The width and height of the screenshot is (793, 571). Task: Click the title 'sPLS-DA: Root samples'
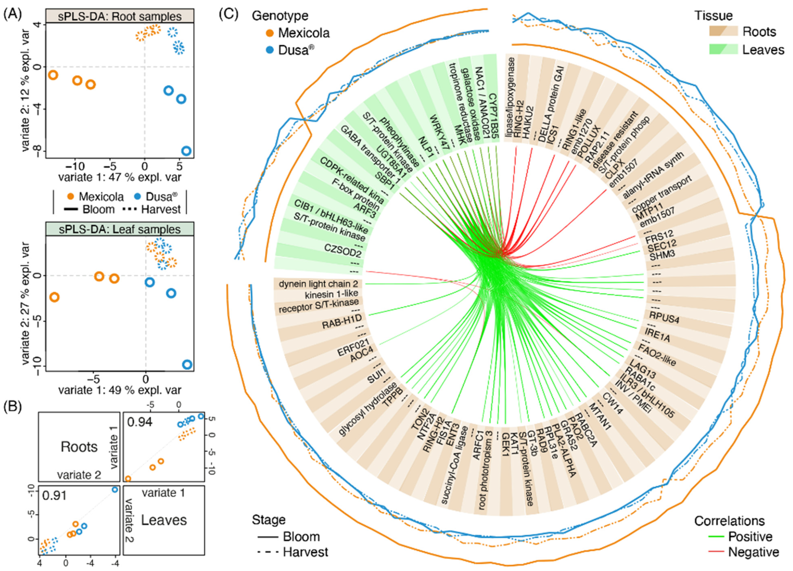[120, 16]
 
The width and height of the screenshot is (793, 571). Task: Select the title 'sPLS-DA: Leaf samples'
[120, 229]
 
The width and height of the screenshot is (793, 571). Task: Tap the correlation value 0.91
[54, 495]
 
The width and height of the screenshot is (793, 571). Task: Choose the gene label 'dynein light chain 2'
[318, 284]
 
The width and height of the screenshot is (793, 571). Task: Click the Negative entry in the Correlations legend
[754, 552]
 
